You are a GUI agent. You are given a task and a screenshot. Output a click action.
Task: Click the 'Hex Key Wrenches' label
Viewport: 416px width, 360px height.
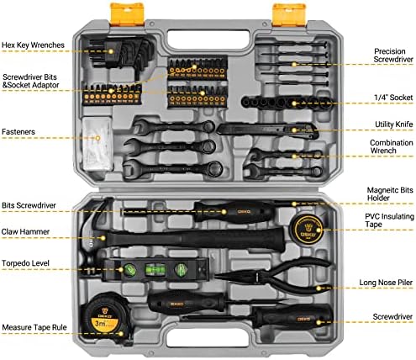click(33, 45)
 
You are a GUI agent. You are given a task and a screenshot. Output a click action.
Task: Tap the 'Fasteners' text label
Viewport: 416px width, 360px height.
click(18, 132)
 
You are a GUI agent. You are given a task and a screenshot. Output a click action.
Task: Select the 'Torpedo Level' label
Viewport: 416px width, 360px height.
click(25, 263)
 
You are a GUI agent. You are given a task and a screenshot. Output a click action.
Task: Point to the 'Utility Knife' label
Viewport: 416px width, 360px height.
click(394, 124)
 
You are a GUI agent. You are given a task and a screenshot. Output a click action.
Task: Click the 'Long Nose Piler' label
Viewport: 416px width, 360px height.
click(386, 283)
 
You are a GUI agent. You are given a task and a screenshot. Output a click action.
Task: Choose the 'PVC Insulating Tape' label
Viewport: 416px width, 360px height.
click(389, 220)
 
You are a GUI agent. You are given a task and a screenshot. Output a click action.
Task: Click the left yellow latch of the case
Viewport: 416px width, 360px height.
click(127, 14)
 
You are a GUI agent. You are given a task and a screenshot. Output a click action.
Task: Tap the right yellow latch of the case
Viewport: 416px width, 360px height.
click(289, 14)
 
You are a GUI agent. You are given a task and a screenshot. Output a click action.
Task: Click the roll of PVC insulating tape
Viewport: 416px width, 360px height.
click(308, 228)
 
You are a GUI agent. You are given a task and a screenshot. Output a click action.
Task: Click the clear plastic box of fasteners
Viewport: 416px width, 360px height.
click(97, 144)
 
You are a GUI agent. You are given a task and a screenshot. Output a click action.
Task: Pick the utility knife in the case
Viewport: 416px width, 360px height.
click(267, 130)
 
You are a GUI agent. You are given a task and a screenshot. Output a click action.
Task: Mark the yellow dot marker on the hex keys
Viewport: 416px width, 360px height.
click(111, 51)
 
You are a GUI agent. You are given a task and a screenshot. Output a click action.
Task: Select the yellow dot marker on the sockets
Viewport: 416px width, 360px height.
click(294, 103)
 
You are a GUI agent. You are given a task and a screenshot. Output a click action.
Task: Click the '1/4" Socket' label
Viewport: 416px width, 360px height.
click(393, 98)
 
